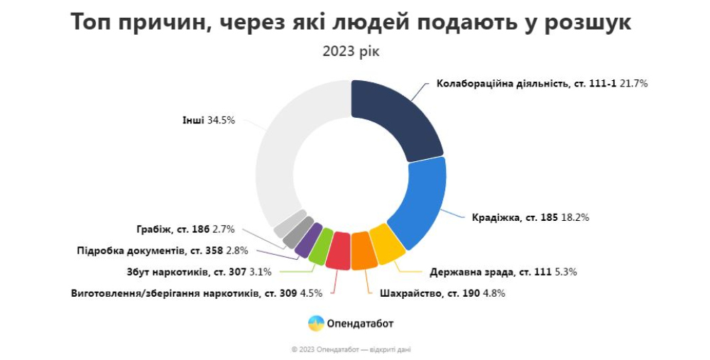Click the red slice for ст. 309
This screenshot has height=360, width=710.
[x=339, y=251]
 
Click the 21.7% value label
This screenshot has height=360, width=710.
[x=633, y=83]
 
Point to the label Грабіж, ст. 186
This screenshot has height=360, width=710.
[x=173, y=229]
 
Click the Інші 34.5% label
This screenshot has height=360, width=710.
[x=208, y=121]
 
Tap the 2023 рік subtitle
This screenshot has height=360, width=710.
[x=351, y=53]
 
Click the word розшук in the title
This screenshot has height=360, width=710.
[x=582, y=22]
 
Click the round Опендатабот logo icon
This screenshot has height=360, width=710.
[x=315, y=324]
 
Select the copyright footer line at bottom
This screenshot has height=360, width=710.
[x=351, y=349]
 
